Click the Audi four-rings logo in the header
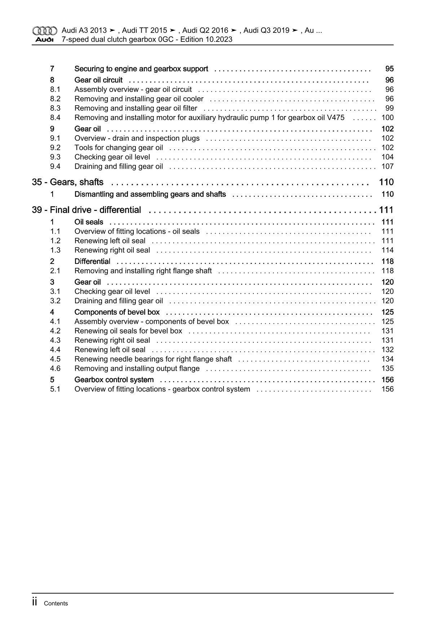(44, 31)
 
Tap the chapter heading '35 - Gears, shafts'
(67, 182)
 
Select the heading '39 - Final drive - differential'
(86, 210)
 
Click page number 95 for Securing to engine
(389, 69)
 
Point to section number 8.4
(55, 118)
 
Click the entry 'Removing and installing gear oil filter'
(136, 108)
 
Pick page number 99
(389, 108)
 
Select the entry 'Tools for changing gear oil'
(119, 147)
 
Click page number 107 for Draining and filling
(387, 166)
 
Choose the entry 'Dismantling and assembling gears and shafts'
(150, 194)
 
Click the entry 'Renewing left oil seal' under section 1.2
(110, 241)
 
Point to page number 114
(387, 250)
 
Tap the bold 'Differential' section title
(92, 261)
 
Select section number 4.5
(55, 359)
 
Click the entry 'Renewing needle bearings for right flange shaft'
(153, 359)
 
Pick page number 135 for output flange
(387, 368)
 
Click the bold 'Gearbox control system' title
(114, 380)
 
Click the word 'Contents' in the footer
(56, 604)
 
